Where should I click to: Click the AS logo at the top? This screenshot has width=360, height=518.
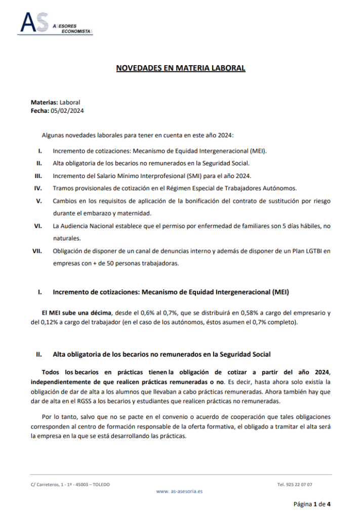(x=35, y=23)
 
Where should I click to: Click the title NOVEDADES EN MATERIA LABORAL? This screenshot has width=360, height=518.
(x=181, y=68)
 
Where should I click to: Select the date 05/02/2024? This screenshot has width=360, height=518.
(x=67, y=110)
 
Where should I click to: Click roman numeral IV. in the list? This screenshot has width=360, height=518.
(x=38, y=188)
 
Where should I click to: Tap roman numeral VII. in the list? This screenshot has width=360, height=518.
(x=37, y=251)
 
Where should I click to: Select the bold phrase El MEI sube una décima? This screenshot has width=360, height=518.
(x=76, y=313)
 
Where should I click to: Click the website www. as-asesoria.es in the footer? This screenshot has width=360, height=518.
(x=180, y=491)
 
